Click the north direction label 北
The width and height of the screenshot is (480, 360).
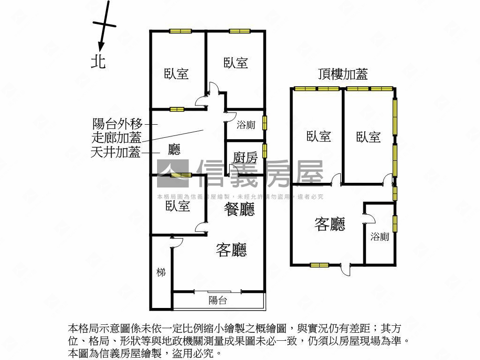[98, 62]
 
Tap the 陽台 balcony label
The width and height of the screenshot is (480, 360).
[217, 300]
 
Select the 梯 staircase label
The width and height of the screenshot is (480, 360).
[161, 272]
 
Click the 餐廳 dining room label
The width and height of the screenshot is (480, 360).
[239, 209]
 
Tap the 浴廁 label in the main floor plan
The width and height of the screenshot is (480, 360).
[246, 125]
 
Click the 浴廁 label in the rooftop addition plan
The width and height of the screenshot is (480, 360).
[380, 237]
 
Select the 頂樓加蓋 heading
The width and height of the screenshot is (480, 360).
[342, 74]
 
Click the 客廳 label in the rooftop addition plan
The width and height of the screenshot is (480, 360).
[330, 225]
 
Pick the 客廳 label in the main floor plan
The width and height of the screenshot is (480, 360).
[231, 250]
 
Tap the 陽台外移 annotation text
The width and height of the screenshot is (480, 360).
[117, 124]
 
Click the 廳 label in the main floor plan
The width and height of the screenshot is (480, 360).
[174, 150]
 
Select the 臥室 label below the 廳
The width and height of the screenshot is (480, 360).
[178, 206]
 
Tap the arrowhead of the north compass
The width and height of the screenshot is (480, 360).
[100, 47]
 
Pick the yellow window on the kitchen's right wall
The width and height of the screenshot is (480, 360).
[265, 150]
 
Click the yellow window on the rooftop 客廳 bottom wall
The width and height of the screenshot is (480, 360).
[319, 265]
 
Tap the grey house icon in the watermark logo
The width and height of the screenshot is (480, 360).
[172, 172]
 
